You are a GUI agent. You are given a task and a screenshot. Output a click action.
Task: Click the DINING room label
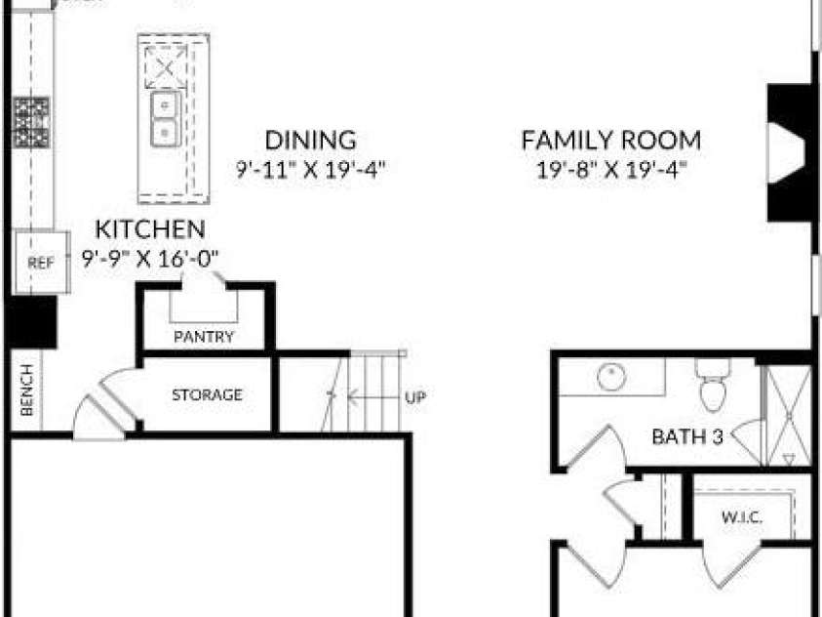coord(310,140)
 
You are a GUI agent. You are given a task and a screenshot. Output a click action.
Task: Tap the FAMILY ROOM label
coord(611,140)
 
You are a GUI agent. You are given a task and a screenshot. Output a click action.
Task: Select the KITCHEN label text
coord(150,229)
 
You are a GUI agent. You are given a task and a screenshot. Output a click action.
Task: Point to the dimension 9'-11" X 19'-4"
coord(310,170)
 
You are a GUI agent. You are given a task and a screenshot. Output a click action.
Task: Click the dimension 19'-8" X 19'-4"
coord(611,170)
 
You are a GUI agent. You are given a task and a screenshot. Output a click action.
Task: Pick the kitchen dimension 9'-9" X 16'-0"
coord(150,258)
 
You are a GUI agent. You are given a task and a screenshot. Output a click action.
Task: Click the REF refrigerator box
coord(42,262)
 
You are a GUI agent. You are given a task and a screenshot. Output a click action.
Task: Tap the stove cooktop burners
coord(32,122)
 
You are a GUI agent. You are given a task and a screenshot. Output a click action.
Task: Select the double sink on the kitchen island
coord(166,118)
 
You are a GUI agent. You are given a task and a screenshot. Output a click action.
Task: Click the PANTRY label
coord(204,336)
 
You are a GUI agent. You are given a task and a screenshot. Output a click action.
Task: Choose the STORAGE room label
coord(207,394)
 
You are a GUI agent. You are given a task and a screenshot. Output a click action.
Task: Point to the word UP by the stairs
coord(415,397)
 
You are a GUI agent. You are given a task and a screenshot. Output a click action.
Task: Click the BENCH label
coord(26,390)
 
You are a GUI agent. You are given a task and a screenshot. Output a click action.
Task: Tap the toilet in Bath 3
coord(713,385)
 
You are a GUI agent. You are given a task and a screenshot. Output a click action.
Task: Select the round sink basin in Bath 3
coord(611,377)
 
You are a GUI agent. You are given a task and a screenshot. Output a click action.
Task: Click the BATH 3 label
coord(687,436)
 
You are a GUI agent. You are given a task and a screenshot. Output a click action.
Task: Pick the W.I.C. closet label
coord(742,517)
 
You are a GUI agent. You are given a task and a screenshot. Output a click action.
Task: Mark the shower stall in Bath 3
coord(789,416)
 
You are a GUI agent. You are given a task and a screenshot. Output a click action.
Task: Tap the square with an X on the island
coord(166,67)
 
